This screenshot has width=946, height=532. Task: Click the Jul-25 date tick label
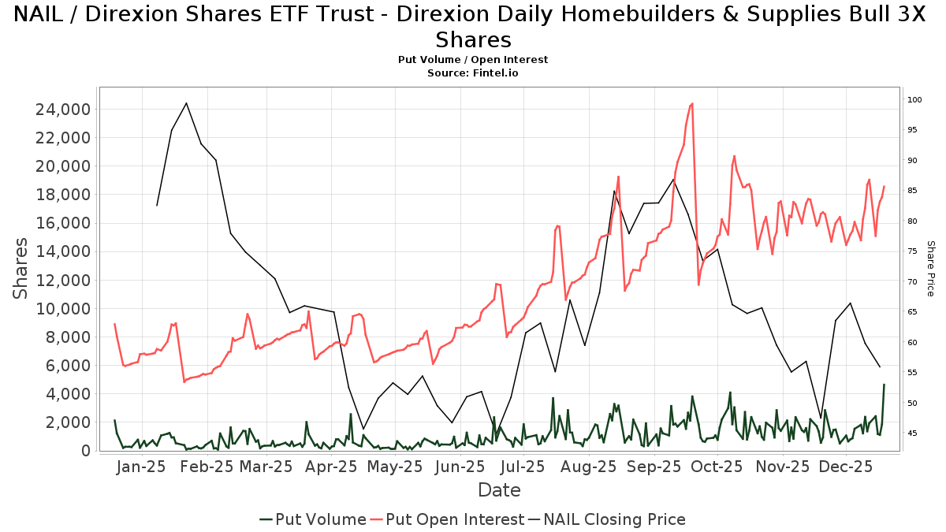click(523, 467)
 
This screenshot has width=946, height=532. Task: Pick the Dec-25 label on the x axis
click(846, 467)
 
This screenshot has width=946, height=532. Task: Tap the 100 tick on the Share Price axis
click(914, 100)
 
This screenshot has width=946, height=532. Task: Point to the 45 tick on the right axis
click(912, 433)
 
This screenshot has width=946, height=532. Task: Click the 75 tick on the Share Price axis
click(912, 251)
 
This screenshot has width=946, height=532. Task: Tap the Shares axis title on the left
click(21, 268)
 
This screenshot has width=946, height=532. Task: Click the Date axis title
click(499, 490)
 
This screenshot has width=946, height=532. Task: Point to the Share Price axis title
click(930, 268)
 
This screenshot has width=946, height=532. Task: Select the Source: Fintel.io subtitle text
click(473, 73)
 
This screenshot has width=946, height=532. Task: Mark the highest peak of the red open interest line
click(692, 103)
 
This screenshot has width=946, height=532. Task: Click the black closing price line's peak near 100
click(186, 102)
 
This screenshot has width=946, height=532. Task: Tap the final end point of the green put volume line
click(884, 385)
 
